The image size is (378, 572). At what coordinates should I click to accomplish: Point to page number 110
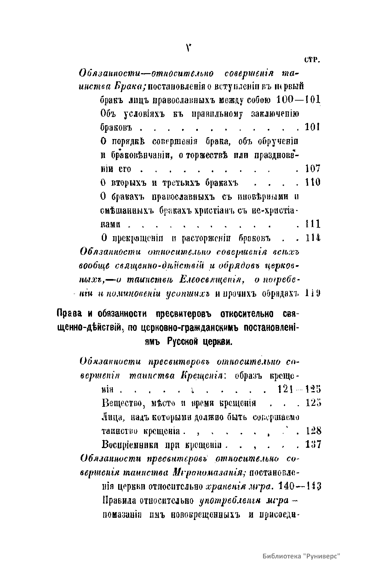pos(313,182)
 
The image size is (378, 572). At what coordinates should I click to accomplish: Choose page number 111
pos(313,224)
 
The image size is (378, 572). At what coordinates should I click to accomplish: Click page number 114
pos(313,237)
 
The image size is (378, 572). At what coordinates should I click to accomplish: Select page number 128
pos(313,430)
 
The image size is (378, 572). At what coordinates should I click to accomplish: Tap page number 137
pos(313,444)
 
